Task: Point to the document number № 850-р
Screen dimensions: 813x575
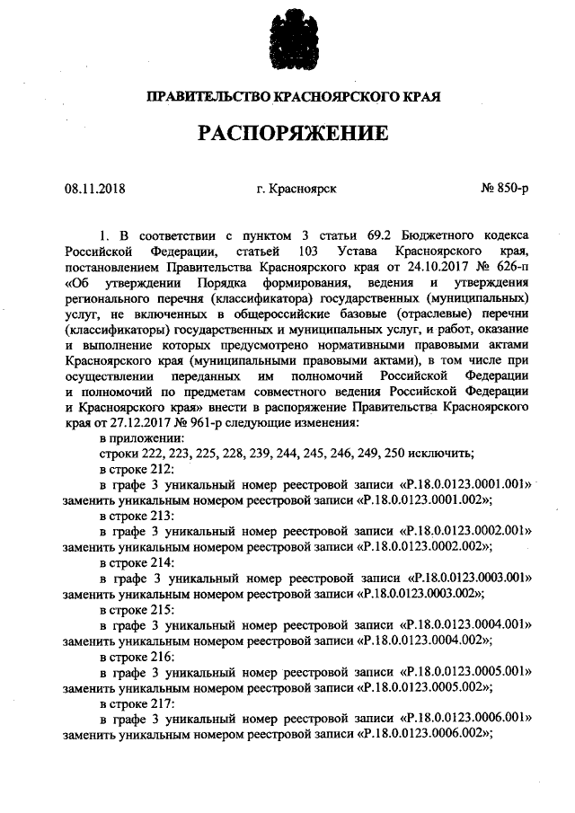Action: click(x=506, y=188)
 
